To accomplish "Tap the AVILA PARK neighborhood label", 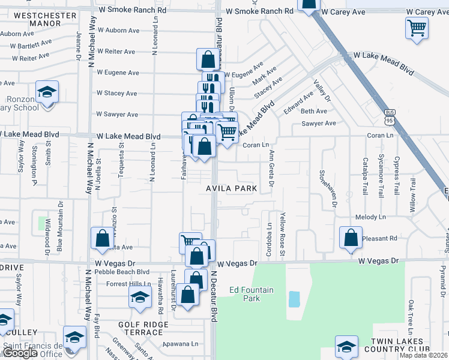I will click(x=232, y=188).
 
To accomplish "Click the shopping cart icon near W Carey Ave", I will click(x=417, y=28).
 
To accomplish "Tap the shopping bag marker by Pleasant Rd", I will click(x=351, y=238).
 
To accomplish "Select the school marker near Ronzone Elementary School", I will click(x=46, y=92).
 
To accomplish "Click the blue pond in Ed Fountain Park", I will click(x=294, y=299).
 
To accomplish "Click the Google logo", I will click(x=20, y=353).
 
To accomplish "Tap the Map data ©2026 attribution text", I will click(x=423, y=355).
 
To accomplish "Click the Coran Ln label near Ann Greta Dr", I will click(x=255, y=145).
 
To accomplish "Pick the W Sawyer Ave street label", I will click(x=117, y=115).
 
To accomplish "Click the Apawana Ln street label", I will click(x=182, y=344).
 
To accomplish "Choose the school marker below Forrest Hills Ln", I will click(x=140, y=298).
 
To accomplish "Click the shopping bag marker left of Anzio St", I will click(x=102, y=238).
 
